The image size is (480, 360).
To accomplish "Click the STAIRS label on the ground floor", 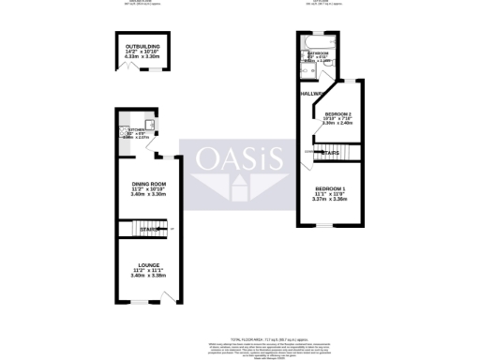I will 147,230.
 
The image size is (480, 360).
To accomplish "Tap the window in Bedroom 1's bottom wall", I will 324,226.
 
